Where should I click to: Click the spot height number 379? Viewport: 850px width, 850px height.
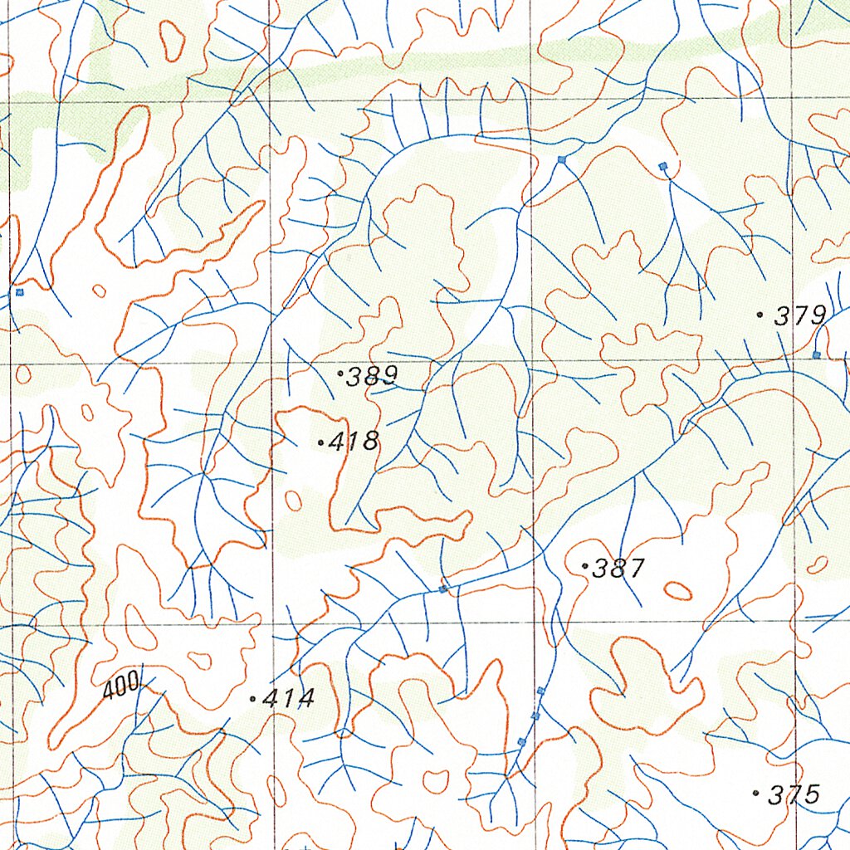pyautogui.click(x=800, y=315)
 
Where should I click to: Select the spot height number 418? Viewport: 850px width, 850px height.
pyautogui.click(x=354, y=442)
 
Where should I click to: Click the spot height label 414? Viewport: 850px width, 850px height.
pyautogui.click(x=289, y=699)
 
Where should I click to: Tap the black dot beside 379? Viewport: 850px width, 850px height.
pyautogui.click(x=760, y=315)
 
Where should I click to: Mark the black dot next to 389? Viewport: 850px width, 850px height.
pyautogui.click(x=340, y=374)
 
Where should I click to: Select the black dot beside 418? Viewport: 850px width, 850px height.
pyautogui.click(x=321, y=443)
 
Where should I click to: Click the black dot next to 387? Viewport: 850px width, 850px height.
pyautogui.click(x=586, y=567)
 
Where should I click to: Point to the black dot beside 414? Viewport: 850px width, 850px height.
pyautogui.click(x=252, y=700)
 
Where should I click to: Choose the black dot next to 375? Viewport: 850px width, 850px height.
pyautogui.click(x=755, y=794)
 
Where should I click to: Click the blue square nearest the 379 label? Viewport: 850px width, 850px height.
pyautogui.click(x=816, y=354)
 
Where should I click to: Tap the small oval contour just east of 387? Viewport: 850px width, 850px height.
pyautogui.click(x=678, y=590)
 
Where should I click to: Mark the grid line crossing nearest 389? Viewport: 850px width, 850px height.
pyautogui.click(x=272, y=363)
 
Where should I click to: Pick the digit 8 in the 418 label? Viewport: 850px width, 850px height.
pyautogui.click(x=370, y=442)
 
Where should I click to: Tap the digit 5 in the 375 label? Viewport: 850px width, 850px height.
pyautogui.click(x=811, y=794)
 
